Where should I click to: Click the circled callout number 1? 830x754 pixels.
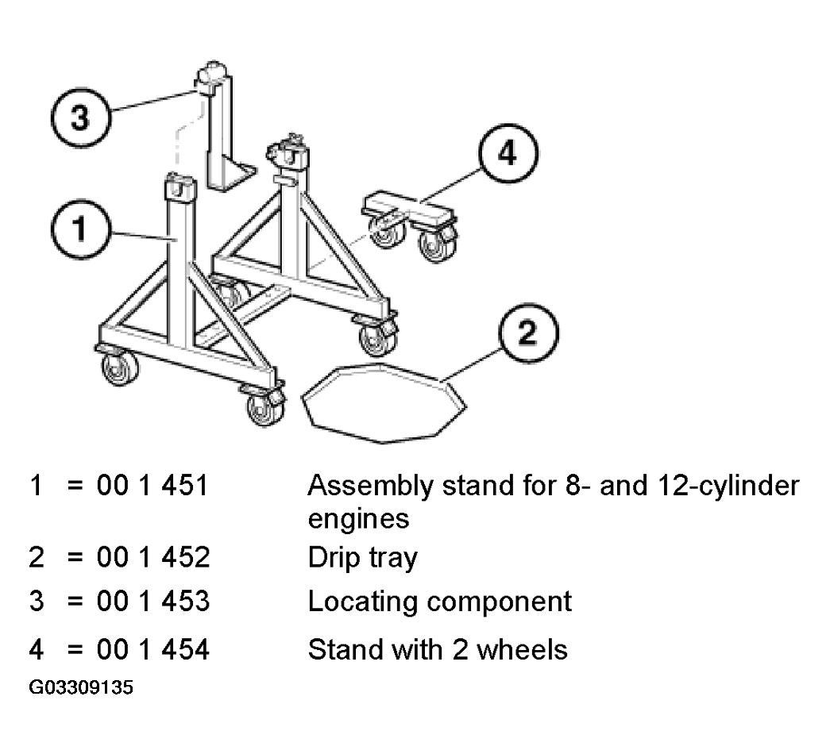click(x=80, y=229)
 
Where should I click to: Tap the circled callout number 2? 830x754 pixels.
click(x=527, y=333)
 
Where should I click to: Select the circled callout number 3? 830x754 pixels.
click(x=80, y=117)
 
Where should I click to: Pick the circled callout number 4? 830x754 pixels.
click(x=508, y=153)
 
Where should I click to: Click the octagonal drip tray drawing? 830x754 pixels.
click(x=384, y=402)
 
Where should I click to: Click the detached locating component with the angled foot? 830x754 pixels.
click(x=222, y=127)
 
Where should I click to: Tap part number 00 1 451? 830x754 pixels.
click(x=152, y=485)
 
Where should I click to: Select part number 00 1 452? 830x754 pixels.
click(x=153, y=557)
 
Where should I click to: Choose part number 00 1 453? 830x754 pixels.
click(x=153, y=601)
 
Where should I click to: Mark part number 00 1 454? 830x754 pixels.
click(x=153, y=649)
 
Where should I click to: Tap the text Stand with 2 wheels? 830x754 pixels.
click(x=438, y=649)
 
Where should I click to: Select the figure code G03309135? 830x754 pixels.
click(x=81, y=687)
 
